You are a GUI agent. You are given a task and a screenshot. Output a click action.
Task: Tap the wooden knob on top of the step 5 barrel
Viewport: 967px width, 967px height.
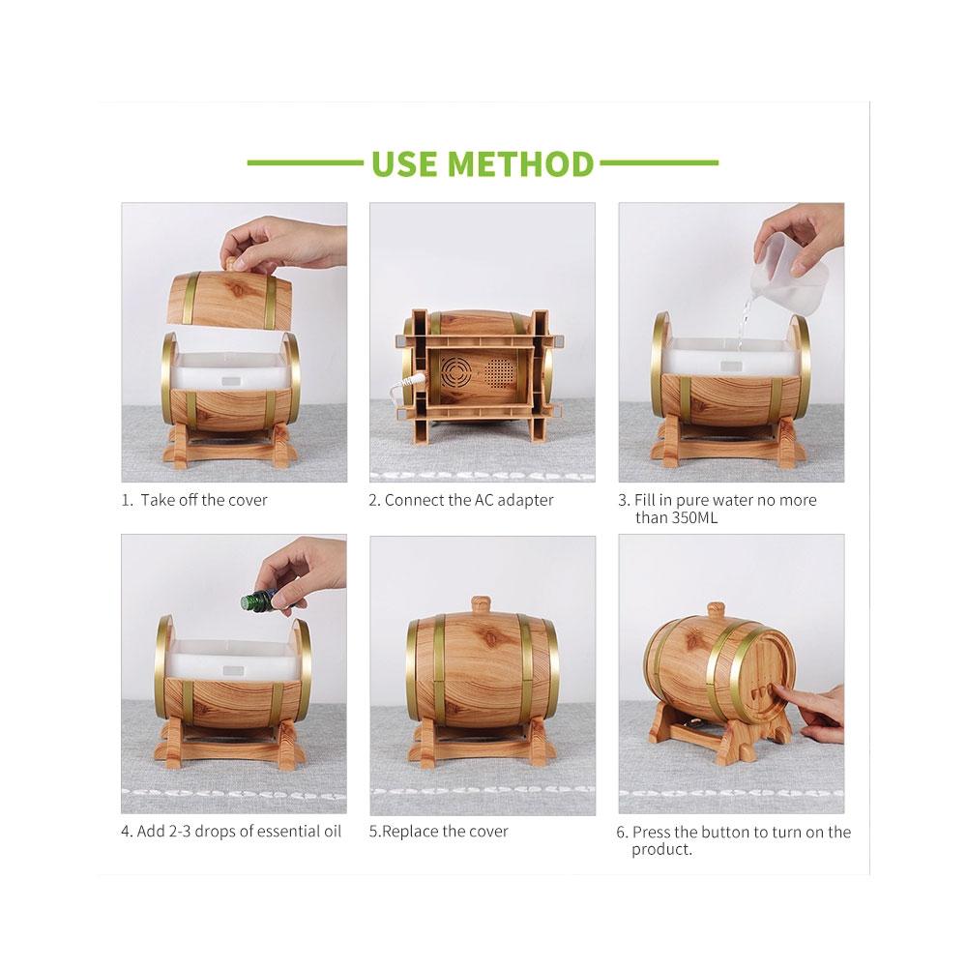[x=481, y=604]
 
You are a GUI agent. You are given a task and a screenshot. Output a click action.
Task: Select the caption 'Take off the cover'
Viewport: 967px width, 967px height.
[x=204, y=500]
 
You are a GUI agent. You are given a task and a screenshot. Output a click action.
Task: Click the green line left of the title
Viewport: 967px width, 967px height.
[x=305, y=163]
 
